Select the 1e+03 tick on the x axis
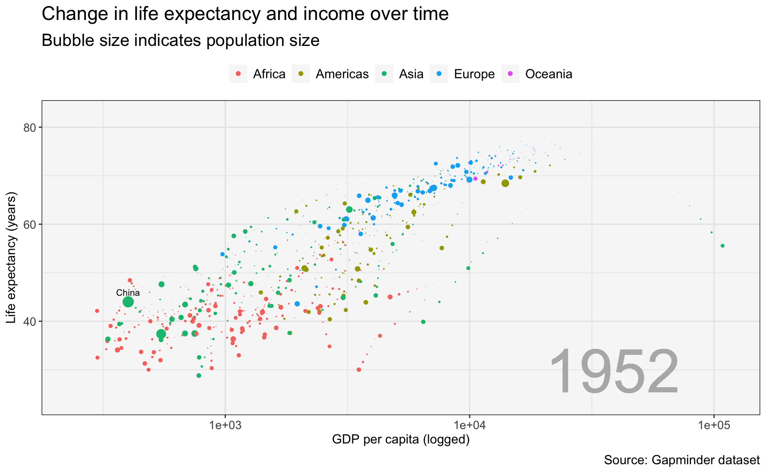pos(225,426)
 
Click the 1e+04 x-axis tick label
pos(470,426)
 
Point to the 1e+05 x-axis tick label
pos(714,426)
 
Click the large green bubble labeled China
pos(128,302)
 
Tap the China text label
pos(128,293)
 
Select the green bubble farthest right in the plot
pos(723,246)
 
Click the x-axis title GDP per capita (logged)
pos(401,439)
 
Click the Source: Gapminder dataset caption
pos(681,460)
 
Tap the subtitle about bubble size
pos(180,41)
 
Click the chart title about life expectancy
pos(245,14)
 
